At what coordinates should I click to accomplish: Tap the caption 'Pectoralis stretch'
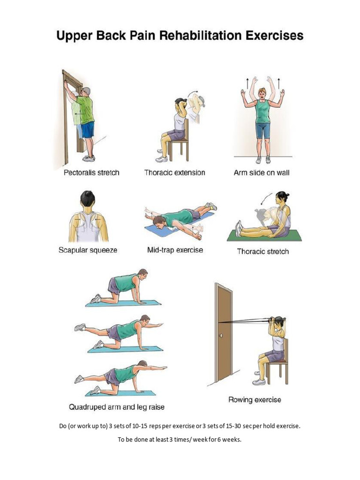coord(91,172)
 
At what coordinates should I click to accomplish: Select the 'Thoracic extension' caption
coord(175,172)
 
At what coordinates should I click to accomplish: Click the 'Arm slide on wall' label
coord(262,172)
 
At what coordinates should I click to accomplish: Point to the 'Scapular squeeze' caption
coord(88,250)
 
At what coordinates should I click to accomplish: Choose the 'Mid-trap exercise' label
coord(175,250)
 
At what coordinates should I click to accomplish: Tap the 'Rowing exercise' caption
coord(255,400)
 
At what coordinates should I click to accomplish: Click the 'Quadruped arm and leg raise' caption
coord(117,407)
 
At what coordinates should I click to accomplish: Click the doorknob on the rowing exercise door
coord(221,336)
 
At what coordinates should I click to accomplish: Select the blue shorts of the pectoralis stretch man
coord(88,130)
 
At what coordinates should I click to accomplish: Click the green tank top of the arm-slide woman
coord(262,112)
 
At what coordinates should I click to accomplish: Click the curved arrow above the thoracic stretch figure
coord(266,198)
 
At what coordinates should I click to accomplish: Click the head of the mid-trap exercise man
coord(159,222)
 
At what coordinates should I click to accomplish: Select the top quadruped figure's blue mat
coord(123,303)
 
